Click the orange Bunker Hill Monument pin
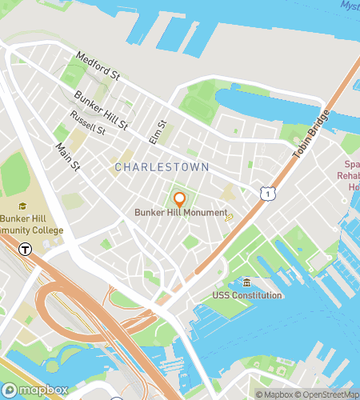click(x=180, y=199)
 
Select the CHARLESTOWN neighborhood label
click(x=162, y=167)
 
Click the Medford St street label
click(x=98, y=66)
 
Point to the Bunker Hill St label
click(x=101, y=110)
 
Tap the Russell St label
click(x=87, y=122)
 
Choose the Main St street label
click(x=68, y=158)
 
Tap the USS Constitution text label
click(x=247, y=296)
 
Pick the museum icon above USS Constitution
click(x=246, y=283)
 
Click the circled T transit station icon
click(x=25, y=249)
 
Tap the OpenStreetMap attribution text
click(x=326, y=394)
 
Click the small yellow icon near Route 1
click(x=229, y=217)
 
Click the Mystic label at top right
click(x=350, y=6)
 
